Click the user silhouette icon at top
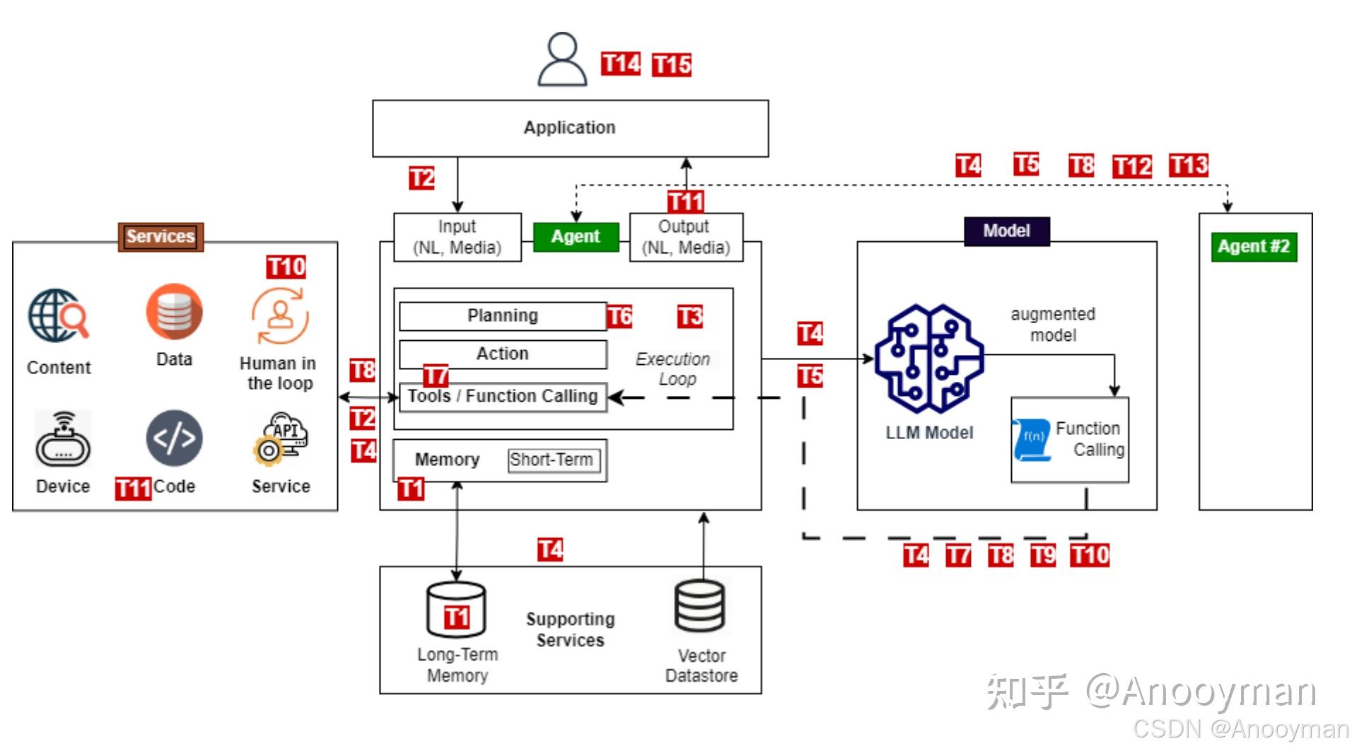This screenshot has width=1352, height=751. pos(562,59)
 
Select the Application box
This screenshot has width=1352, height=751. pos(570,128)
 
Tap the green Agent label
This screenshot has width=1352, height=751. pos(576,236)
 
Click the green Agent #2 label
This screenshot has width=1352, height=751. pos(1254,247)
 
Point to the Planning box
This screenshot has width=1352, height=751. pos(503,316)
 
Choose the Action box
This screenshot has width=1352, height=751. pos(503,354)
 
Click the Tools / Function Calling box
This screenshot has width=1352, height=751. pos(503,397)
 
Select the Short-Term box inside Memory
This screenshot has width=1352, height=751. pos(553,460)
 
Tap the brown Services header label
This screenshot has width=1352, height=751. pos(161,236)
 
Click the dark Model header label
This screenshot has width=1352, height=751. pos(1006,231)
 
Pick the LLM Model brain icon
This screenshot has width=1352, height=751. pos(928,359)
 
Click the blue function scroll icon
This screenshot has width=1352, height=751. pos(1032,439)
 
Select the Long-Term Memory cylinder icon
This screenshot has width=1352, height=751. pos(456,610)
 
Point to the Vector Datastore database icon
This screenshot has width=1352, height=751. pos(699,607)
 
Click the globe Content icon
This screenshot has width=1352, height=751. pos(59,316)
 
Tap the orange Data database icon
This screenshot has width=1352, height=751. pos(174,312)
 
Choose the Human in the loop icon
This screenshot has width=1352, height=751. pos(280,316)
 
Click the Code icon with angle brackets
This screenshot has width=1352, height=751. pos(174,438)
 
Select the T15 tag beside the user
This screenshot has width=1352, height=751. pos(671,65)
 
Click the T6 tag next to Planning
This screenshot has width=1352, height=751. pos(619,316)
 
